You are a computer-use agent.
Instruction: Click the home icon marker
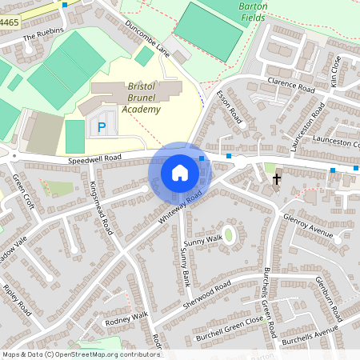point(180,173)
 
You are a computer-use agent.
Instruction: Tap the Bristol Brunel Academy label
point(133,98)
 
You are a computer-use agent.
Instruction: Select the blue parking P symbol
point(102,126)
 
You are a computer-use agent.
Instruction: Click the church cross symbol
point(277,178)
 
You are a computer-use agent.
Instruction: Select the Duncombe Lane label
point(147,37)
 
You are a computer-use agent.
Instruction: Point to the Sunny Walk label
point(202,240)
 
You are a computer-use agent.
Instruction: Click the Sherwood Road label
point(208,295)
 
